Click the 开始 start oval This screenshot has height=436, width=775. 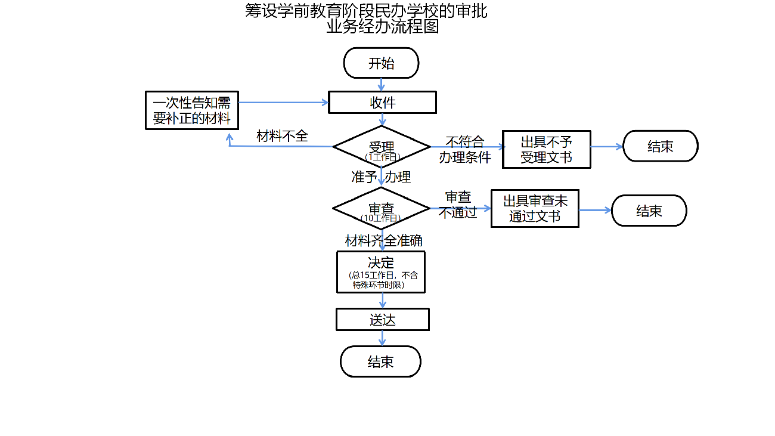pyautogui.click(x=381, y=63)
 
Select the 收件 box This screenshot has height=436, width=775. pyautogui.click(x=382, y=103)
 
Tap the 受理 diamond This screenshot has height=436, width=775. pyautogui.click(x=382, y=147)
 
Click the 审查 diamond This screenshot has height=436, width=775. pyautogui.click(x=381, y=209)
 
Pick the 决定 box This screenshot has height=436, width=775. pyautogui.click(x=381, y=271)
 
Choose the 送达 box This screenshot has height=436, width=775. pyautogui.click(x=382, y=320)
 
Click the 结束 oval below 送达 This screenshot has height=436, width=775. pyautogui.click(x=380, y=361)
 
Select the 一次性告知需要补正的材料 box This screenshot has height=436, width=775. pyautogui.click(x=192, y=110)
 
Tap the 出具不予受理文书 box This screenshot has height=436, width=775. pyautogui.click(x=546, y=150)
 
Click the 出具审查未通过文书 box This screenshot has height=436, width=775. pyautogui.click(x=535, y=209)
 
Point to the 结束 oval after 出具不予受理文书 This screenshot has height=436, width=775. pyautogui.click(x=660, y=146)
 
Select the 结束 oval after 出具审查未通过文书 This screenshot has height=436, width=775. pyautogui.click(x=649, y=211)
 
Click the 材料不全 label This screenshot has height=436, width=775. pyautogui.click(x=282, y=136)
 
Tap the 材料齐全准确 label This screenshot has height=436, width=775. pyautogui.click(x=384, y=240)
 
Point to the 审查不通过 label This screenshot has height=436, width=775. pyautogui.click(x=458, y=205)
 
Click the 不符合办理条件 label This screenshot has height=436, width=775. pyautogui.click(x=465, y=150)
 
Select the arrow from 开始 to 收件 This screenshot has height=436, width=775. pyautogui.click(x=382, y=84)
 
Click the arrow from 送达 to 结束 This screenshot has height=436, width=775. pyautogui.click(x=382, y=338)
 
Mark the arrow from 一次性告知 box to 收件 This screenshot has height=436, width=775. pyautogui.click(x=283, y=103)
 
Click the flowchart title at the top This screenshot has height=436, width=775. pyautogui.click(x=366, y=18)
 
